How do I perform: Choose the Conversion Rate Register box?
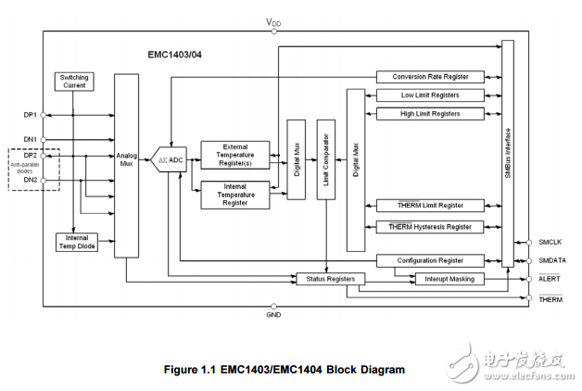430,77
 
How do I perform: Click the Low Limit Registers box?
430,95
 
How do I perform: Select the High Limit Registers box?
430,113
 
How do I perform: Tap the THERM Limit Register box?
430,205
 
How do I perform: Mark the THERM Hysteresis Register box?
430,226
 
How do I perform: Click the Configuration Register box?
430,260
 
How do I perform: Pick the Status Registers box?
329,278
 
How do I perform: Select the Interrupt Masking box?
442,278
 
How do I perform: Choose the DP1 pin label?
30,115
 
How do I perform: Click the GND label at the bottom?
273,315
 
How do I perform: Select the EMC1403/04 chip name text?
178,55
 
